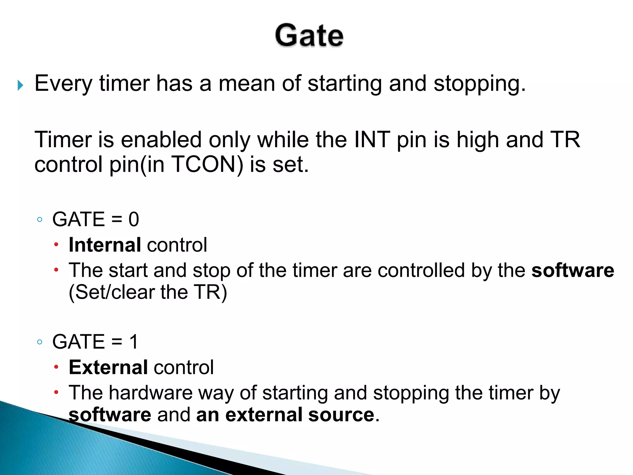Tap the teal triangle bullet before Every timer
pyautogui.click(x=20, y=85)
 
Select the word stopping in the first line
pyautogui.click(x=479, y=84)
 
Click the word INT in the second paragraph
pyautogui.click(x=372, y=140)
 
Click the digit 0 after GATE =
pyautogui.click(x=134, y=220)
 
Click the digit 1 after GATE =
pyautogui.click(x=134, y=342)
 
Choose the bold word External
pyautogui.click(x=108, y=367)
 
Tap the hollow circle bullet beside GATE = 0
pyautogui.click(x=40, y=220)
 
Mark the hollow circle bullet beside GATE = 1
pyautogui.click(x=40, y=342)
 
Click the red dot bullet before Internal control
pyautogui.click(x=56, y=245)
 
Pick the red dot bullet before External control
pyautogui.click(x=56, y=367)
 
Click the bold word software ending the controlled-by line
pyautogui.click(x=573, y=271)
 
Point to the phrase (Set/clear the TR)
pyautogui.click(x=148, y=292)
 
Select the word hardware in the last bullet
pyautogui.click(x=151, y=393)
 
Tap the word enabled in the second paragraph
pyautogui.click(x=161, y=140)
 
